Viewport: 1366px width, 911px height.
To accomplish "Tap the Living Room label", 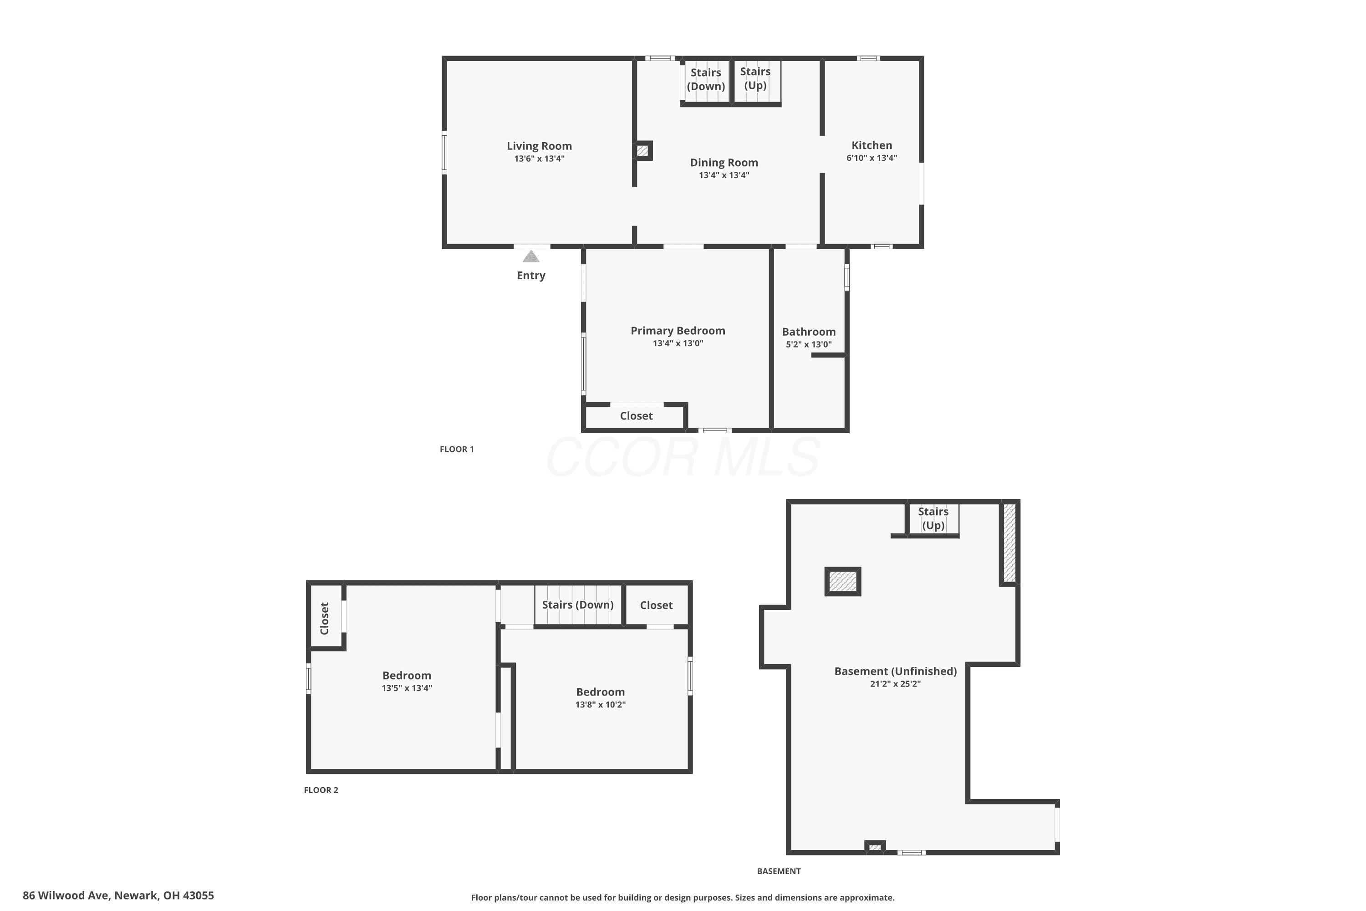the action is [x=539, y=146].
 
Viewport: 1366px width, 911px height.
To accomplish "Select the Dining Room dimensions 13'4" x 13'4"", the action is [x=724, y=175].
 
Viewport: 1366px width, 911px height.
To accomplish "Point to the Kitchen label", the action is [x=871, y=145].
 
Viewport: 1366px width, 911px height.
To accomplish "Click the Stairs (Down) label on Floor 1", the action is [x=706, y=79].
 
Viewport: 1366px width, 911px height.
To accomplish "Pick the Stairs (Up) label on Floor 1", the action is [x=755, y=78].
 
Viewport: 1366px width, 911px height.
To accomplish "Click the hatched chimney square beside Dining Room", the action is [x=642, y=150].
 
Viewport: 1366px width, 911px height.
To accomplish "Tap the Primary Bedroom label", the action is [x=678, y=331].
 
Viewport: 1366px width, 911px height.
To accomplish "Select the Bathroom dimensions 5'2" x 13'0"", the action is [x=809, y=344].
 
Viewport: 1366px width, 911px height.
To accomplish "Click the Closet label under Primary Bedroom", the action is [x=636, y=415].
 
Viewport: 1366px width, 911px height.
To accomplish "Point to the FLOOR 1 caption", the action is [x=457, y=449].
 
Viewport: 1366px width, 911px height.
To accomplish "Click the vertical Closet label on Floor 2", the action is [x=324, y=618].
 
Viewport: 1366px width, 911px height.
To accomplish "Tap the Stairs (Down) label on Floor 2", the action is [x=578, y=604].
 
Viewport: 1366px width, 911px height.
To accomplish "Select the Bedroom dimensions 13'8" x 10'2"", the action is [x=600, y=704].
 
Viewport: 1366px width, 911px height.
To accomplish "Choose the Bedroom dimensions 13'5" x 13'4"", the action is [x=407, y=688].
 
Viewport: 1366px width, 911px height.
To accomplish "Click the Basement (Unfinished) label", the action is [x=895, y=671].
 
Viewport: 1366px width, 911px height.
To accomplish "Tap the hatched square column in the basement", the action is [x=843, y=581].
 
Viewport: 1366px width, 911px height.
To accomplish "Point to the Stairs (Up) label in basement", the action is [x=933, y=518].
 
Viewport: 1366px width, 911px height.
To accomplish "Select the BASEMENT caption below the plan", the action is [x=778, y=871].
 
